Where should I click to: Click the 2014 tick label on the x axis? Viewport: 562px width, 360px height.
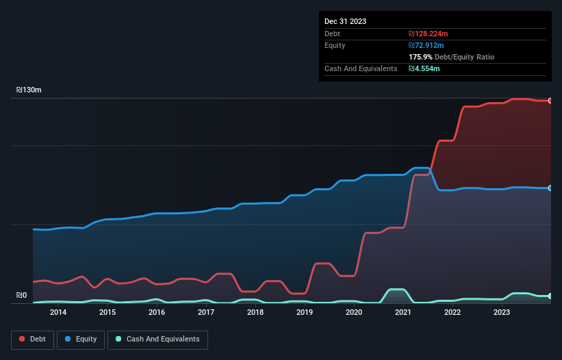pyautogui.click(x=58, y=312)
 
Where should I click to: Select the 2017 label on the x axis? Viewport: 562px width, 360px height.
pyautogui.click(x=206, y=312)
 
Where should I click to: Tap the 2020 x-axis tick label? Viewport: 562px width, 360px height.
pyautogui.click(x=354, y=312)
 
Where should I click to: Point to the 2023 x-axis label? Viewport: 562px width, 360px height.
pyautogui.click(x=502, y=312)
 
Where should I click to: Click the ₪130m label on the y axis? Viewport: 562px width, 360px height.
pyautogui.click(x=29, y=90)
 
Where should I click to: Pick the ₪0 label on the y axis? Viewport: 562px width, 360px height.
pyautogui.click(x=21, y=296)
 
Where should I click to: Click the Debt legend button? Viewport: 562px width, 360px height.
pyautogui.click(x=31, y=339)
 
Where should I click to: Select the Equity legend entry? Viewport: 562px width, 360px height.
pyautogui.click(x=81, y=339)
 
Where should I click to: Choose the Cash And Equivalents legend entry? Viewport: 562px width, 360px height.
pyautogui.click(x=157, y=339)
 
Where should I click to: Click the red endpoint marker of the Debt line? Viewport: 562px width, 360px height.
pyautogui.click(x=550, y=101)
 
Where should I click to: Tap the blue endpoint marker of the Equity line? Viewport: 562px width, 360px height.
pyautogui.click(x=550, y=188)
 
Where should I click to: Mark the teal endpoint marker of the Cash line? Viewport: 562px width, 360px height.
pyautogui.click(x=550, y=296)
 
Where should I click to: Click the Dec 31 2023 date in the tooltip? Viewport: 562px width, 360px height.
pyautogui.click(x=345, y=21)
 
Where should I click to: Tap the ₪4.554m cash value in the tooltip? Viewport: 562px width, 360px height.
pyautogui.click(x=424, y=68)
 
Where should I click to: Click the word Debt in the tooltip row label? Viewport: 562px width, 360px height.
pyautogui.click(x=333, y=34)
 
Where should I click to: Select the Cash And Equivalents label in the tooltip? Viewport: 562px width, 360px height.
pyautogui.click(x=361, y=68)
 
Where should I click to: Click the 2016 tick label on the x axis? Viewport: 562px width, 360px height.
pyautogui.click(x=157, y=312)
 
